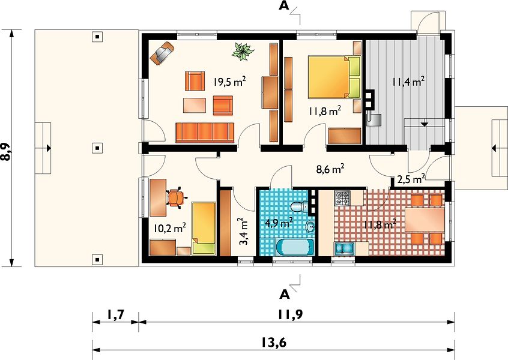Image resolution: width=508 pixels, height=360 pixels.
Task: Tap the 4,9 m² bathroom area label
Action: (279, 223)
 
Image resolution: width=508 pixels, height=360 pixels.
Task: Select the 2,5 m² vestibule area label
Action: (411, 179)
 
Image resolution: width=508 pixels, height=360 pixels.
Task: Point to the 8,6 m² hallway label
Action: (330, 169)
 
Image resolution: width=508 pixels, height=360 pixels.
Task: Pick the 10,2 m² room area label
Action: (169, 228)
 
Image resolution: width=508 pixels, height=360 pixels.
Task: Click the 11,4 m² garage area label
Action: (408, 81)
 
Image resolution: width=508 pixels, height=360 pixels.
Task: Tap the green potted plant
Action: (243, 52)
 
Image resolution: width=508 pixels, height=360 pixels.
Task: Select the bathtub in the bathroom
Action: (294, 247)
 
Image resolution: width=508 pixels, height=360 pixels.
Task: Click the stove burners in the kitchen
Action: (342, 198)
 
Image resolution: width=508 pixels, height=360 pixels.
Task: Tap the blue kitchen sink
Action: (344, 248)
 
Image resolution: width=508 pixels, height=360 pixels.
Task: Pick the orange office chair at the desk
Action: (176, 197)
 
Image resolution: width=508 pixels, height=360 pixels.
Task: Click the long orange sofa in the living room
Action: (205, 133)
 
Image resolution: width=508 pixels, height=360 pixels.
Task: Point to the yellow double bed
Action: (334, 77)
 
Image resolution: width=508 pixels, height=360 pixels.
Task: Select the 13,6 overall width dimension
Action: (274, 342)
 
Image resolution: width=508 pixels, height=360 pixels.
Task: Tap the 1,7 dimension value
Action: (116, 314)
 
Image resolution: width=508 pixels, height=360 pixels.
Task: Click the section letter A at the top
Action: (284, 6)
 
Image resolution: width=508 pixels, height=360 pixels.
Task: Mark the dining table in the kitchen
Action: (425, 220)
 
